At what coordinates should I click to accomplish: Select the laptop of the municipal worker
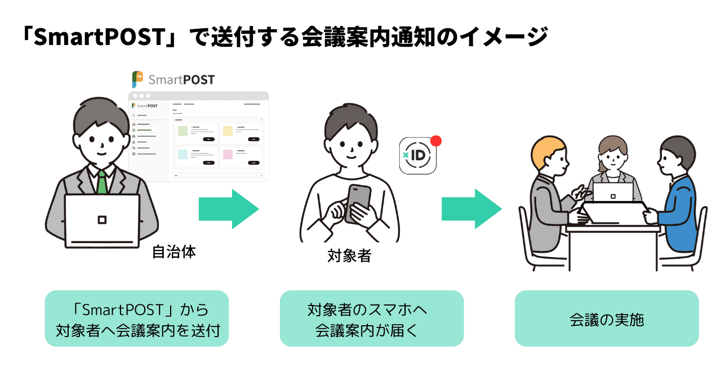point(102,220)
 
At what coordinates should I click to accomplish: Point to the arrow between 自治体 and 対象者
point(228,209)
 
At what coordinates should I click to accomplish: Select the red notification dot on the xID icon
point(435,141)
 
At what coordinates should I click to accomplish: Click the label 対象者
point(349,256)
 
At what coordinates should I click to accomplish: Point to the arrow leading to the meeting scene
point(471,209)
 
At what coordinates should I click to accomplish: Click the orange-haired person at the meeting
point(549,191)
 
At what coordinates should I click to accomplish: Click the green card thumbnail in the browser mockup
point(183,131)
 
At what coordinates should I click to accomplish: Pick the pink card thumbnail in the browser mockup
point(228,154)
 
